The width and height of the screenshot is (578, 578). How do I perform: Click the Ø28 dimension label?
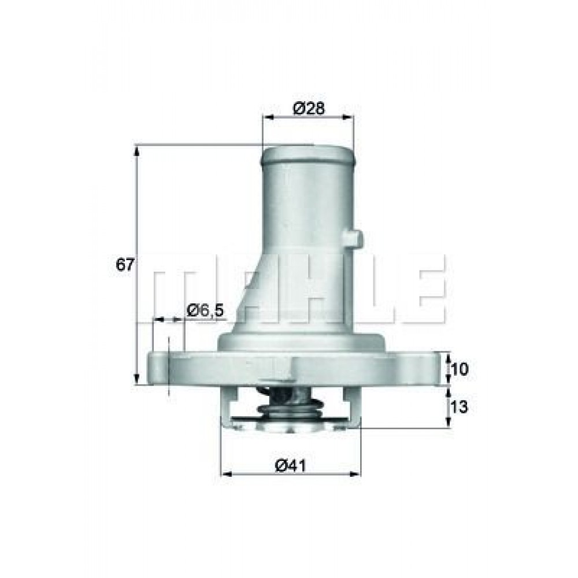pos(309,108)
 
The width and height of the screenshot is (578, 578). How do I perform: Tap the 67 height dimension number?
pos(124,265)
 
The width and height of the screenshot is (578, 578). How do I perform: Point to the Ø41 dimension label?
pos(291,466)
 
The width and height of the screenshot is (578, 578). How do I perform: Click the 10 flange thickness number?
pos(459,369)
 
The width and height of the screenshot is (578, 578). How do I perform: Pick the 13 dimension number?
pos(459,407)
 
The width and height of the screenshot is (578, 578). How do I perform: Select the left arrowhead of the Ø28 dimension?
pos(268,117)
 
